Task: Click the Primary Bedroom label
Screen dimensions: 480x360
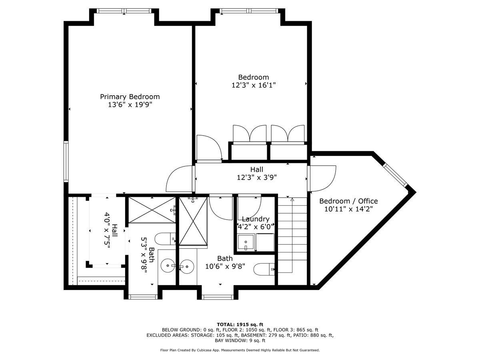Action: tap(130, 97)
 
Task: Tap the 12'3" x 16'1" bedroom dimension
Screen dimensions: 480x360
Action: tap(254, 85)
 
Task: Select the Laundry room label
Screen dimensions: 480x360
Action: tap(256, 219)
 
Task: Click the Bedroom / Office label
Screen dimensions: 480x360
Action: tap(348, 201)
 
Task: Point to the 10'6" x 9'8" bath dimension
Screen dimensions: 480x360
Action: tap(225, 266)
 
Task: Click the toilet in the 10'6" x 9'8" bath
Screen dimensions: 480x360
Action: tap(264, 269)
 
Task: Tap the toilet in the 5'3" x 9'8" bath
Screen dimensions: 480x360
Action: tap(165, 239)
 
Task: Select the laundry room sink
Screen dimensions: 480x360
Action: tap(246, 242)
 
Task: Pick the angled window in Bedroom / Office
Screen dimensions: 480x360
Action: tap(395, 175)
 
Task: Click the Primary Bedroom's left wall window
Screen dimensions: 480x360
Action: tap(66, 162)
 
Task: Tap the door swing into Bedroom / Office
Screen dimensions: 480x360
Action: tap(322, 178)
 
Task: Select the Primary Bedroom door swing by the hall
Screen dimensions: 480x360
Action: tap(180, 179)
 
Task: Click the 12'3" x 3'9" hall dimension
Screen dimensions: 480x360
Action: tap(257, 177)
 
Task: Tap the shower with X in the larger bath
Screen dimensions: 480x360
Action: tap(193, 221)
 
